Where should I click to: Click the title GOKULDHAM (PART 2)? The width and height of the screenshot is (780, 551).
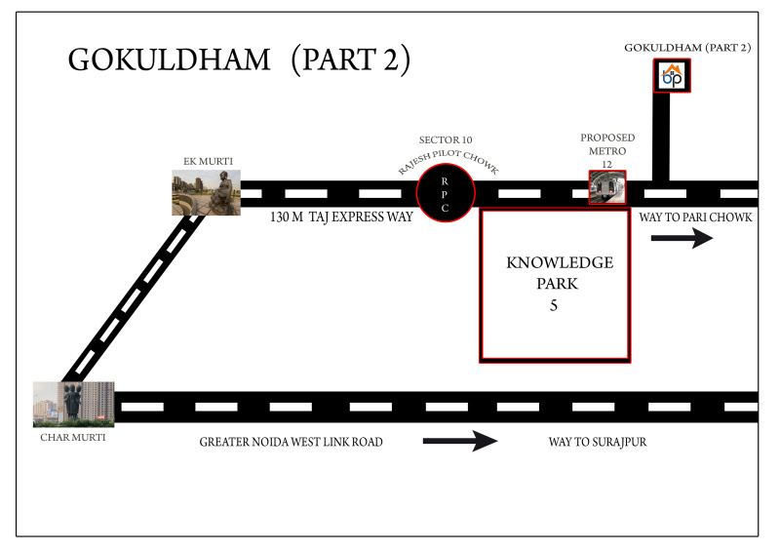pos(239,59)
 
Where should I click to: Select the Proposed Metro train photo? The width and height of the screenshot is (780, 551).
pos(607,187)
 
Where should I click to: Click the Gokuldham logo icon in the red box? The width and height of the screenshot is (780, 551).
pos(672,76)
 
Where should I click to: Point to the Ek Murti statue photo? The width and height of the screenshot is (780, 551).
pos(206,192)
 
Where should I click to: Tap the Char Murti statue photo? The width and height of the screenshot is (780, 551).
pos(73,404)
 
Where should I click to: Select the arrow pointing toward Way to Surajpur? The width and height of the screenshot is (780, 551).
pos(459,442)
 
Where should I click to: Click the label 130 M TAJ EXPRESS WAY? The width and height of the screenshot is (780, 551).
pos(341,216)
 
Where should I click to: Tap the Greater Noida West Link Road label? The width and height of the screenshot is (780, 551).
pos(291,442)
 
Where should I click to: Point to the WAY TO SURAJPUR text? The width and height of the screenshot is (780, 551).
pos(598,442)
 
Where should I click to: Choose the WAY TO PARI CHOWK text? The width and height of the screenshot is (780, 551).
pos(695,216)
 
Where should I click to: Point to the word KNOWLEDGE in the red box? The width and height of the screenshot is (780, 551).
pos(560,263)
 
